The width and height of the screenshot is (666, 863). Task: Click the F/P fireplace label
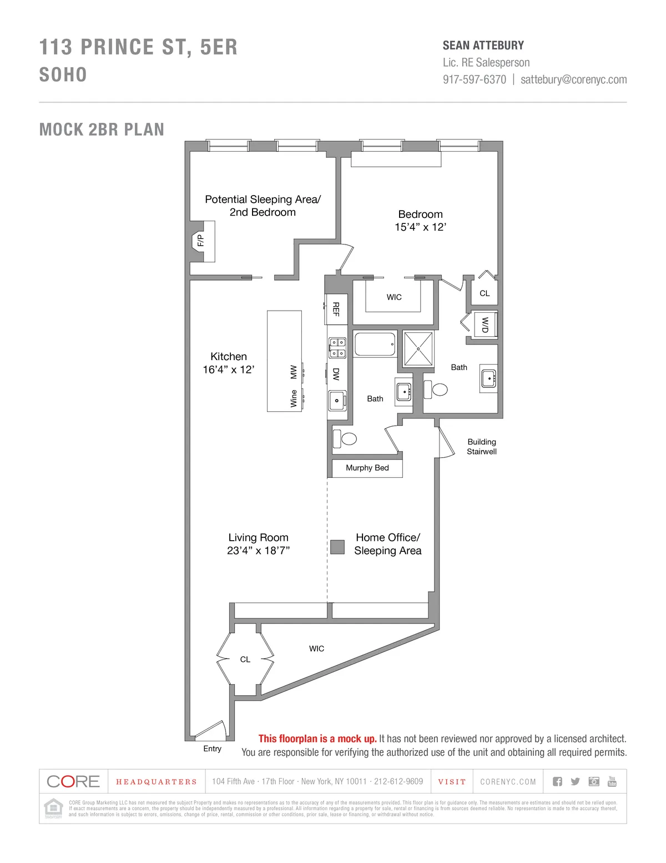click(x=201, y=241)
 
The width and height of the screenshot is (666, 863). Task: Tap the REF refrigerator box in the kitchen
click(x=336, y=309)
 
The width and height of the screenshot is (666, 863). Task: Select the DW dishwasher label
click(x=336, y=374)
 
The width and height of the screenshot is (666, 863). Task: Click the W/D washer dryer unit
click(x=485, y=325)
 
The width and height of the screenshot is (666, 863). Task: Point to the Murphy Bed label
click(x=367, y=468)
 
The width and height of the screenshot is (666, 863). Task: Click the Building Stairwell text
click(x=482, y=447)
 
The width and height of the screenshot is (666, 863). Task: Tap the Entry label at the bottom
click(x=212, y=749)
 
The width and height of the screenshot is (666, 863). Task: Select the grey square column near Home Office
click(x=337, y=547)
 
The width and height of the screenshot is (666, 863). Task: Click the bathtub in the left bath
click(x=375, y=345)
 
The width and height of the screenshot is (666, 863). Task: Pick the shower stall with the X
click(x=418, y=349)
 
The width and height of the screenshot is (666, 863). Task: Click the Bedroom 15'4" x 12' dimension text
click(x=420, y=227)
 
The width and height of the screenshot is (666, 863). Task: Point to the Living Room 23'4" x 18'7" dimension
click(x=258, y=551)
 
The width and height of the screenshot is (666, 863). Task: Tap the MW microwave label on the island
click(x=294, y=372)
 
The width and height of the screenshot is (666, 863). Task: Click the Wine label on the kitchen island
click(x=294, y=398)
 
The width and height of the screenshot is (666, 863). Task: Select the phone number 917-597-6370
click(x=475, y=79)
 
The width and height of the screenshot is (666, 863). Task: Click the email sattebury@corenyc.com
click(x=573, y=79)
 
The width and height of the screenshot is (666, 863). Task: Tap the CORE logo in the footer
click(x=73, y=782)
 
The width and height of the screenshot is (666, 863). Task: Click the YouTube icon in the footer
click(x=612, y=781)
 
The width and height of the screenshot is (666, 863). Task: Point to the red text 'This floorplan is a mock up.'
click(x=317, y=739)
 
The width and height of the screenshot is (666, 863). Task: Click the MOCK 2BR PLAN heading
click(x=102, y=129)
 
